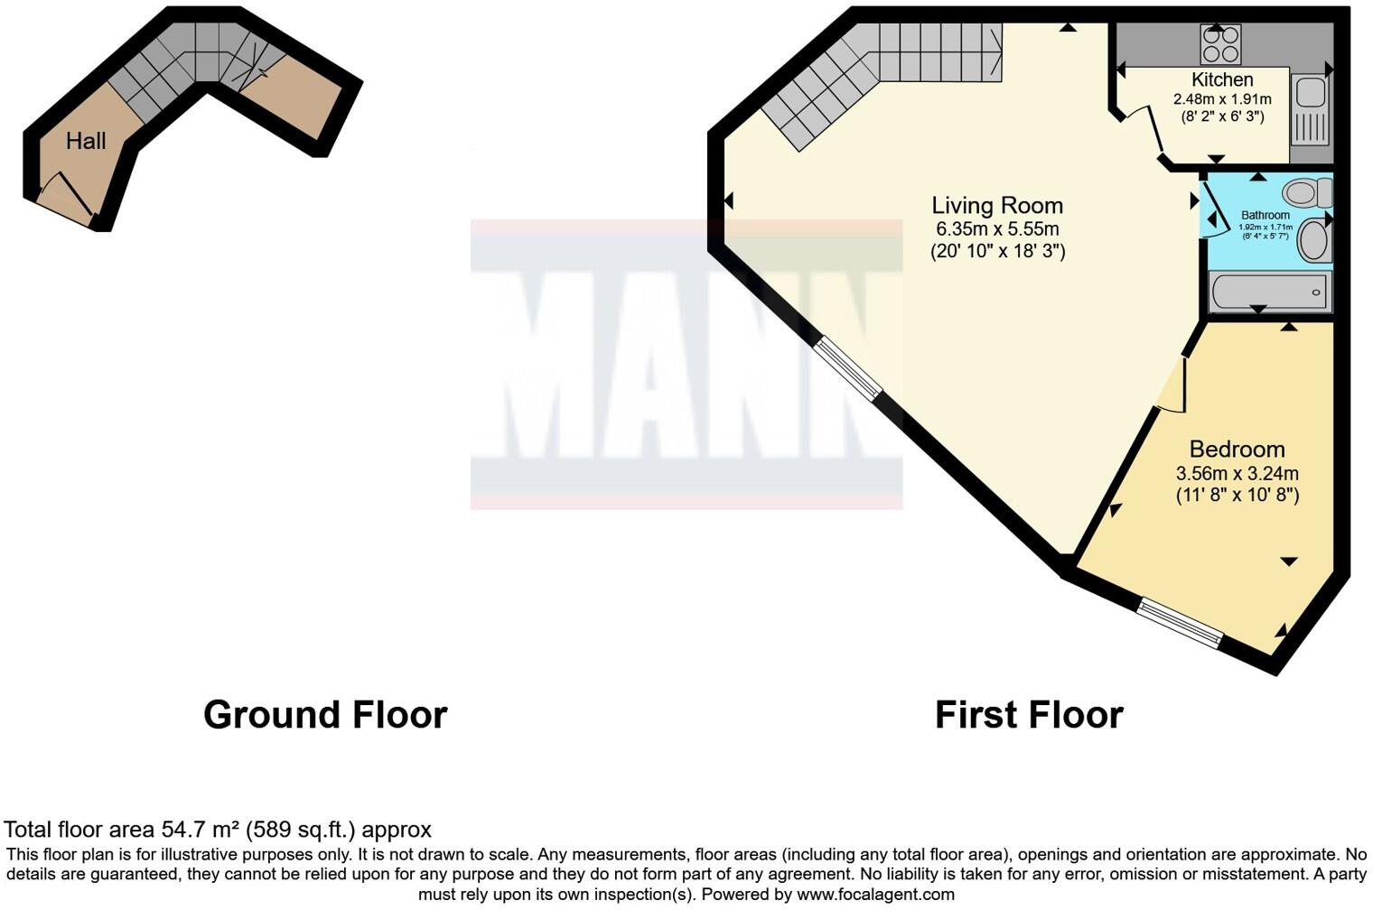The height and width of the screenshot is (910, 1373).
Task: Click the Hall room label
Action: coord(86,141)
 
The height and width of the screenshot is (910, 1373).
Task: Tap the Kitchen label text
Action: coord(1221,79)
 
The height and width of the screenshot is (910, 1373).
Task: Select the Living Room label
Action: coord(997,206)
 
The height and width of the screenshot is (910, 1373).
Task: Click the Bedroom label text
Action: coord(1237,450)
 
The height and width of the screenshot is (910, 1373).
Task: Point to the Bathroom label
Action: coord(1265,215)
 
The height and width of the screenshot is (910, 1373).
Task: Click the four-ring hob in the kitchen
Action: coord(1220,43)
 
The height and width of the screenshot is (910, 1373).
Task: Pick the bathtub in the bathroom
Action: coord(1270,292)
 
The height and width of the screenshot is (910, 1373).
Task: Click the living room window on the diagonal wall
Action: coord(846,367)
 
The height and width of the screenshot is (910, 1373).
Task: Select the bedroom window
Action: coord(1179,623)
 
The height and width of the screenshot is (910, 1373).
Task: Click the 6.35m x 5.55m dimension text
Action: coord(997,229)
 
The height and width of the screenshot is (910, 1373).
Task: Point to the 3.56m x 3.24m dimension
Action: coord(1237,473)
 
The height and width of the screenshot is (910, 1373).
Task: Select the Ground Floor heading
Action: coord(325,714)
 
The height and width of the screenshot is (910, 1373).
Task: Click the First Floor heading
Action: coord(1029,714)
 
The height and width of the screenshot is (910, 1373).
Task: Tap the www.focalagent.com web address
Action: coord(875,894)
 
